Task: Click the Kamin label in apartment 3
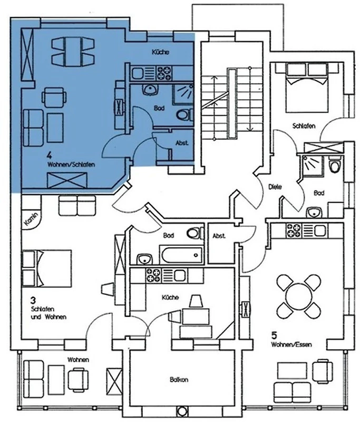tap(32, 219)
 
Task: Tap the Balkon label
tap(179, 380)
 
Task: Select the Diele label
tap(275, 187)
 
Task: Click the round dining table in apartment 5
tap(298, 296)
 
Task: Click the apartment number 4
tap(49, 155)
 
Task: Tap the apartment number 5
tap(274, 335)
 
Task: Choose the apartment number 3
tap(33, 300)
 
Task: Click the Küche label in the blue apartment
tap(160, 52)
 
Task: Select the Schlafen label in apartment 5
tap(304, 126)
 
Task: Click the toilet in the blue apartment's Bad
tap(184, 115)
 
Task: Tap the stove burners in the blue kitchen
tap(164, 73)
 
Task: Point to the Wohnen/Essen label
tap(291, 344)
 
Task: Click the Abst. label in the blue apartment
tap(182, 143)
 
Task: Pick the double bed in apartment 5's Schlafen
tap(307, 88)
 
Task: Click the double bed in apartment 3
tap(47, 268)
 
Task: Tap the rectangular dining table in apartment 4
tap(73, 52)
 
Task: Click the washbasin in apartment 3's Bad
tap(144, 259)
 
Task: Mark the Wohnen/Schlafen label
tap(71, 165)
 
